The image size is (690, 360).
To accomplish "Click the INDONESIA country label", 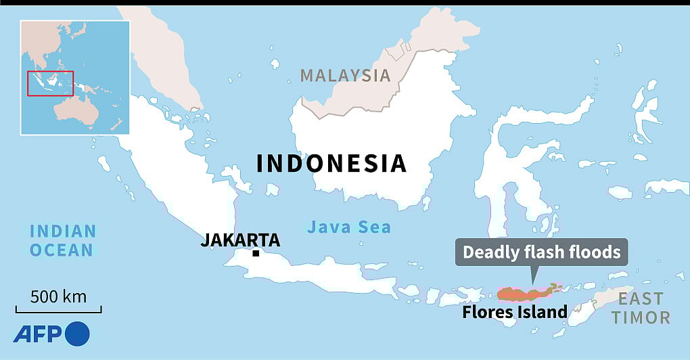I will click(331, 164).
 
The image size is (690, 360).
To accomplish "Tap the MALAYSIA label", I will click(346, 75).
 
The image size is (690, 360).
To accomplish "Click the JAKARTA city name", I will click(240, 240).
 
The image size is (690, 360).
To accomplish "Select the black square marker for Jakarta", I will click(256, 254).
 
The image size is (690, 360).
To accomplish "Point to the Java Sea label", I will click(349, 227).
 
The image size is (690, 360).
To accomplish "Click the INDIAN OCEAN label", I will click(62, 240).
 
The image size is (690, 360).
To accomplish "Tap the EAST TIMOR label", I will click(641, 307).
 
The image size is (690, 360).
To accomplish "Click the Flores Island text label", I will click(515, 312).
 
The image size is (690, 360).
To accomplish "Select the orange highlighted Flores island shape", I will click(524, 293).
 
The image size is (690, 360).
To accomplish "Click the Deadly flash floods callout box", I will click(541, 252).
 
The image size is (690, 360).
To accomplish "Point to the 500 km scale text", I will click(58, 296).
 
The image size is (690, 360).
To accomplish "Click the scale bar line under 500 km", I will click(59, 311).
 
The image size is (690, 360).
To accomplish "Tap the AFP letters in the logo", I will click(37, 333).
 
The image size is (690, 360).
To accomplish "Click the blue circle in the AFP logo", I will click(78, 333).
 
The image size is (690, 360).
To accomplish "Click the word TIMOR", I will click(641, 317).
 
